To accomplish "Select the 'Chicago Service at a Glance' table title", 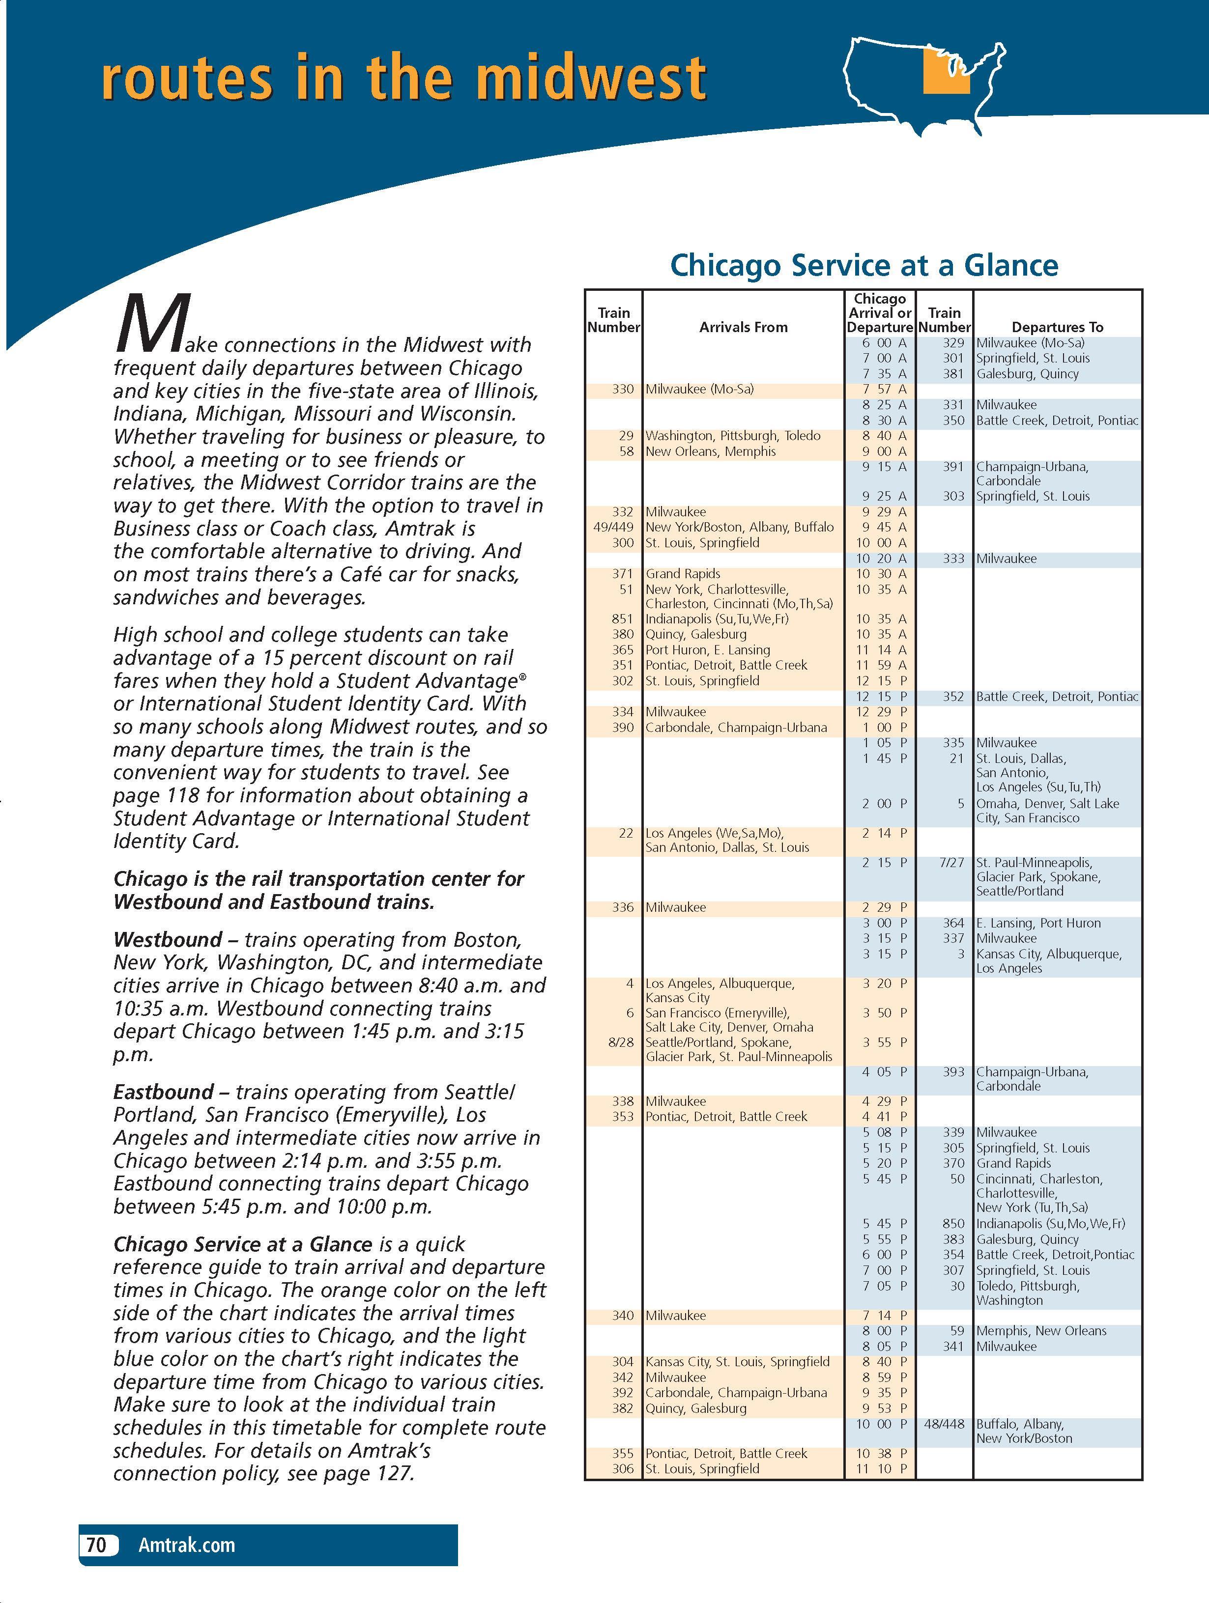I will (x=864, y=265).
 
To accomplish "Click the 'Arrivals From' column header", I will (x=743, y=328).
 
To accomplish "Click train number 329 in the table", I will (x=952, y=343).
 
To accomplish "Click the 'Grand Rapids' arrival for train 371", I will (x=683, y=574).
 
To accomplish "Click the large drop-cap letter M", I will (x=152, y=322).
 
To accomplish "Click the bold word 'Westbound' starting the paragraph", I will (x=168, y=940).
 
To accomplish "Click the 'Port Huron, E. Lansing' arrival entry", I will (x=707, y=650).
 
